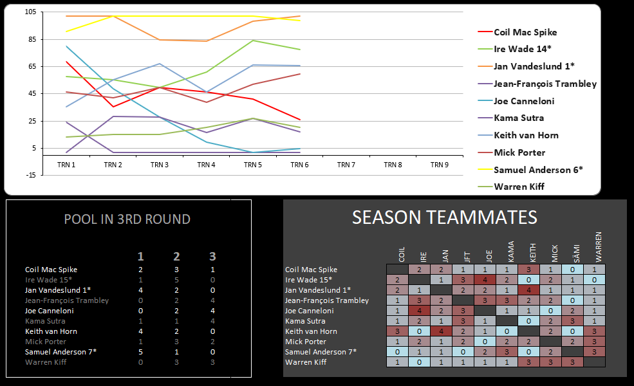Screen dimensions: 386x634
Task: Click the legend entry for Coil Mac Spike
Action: pos(525,32)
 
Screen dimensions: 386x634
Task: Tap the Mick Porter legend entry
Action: pos(519,152)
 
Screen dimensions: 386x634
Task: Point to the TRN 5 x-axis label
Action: pos(252,165)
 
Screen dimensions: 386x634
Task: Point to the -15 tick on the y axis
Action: pos(30,175)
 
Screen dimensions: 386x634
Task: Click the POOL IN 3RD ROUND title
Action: pos(127,219)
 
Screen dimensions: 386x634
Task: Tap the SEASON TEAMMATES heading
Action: pos(444,217)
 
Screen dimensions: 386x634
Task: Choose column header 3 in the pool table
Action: pos(212,257)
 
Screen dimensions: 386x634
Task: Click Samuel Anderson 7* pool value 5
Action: pos(141,352)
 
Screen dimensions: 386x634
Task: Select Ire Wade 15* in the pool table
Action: pos(48,280)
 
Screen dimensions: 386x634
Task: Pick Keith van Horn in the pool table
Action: pos(51,331)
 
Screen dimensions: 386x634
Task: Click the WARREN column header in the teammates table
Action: pos(598,246)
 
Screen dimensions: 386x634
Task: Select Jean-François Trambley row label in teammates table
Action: pos(326,300)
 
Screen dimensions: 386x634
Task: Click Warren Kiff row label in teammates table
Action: pos(305,362)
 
